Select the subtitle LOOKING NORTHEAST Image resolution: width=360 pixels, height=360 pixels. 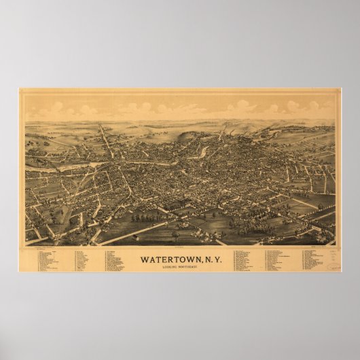click(x=180, y=267)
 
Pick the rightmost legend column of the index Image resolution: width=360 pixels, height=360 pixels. click(x=313, y=259)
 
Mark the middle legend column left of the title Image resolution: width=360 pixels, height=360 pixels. click(x=84, y=260)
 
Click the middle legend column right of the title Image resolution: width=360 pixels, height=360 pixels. click(x=278, y=260)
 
